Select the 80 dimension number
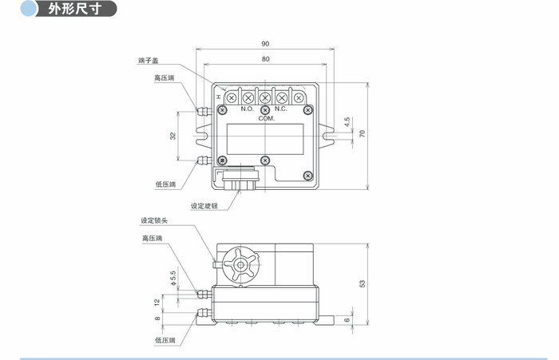264,60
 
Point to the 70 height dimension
361,134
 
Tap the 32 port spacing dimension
173,136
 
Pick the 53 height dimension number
362,283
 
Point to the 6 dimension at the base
346,319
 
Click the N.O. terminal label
247,109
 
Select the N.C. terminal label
281,109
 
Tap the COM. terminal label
266,118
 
